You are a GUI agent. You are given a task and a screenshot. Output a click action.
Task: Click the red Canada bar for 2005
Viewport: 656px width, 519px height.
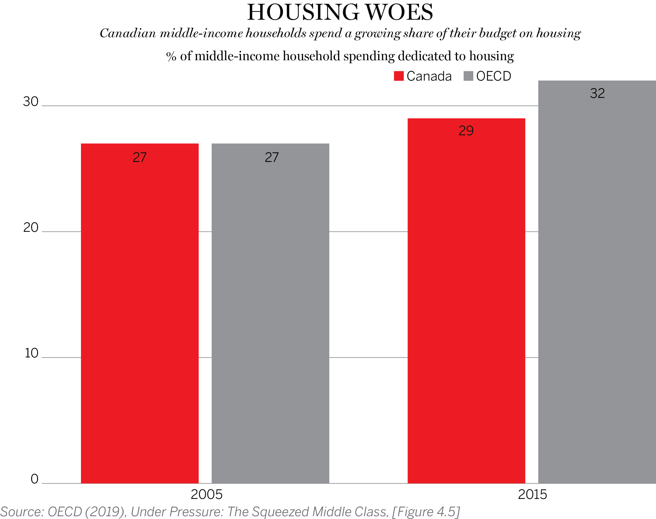[139, 311]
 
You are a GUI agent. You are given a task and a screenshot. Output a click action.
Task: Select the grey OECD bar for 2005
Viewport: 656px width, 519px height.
[270, 311]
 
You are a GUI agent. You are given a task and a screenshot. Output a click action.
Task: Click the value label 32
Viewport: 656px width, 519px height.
[597, 93]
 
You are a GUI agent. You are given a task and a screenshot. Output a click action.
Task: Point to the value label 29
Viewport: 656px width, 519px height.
[466, 131]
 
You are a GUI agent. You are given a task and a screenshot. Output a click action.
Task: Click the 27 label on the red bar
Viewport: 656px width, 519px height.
[139, 157]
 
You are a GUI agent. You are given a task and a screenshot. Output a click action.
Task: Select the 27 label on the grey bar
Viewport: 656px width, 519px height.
[272, 157]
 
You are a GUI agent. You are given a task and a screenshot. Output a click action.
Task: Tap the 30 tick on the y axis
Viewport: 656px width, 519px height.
[30, 101]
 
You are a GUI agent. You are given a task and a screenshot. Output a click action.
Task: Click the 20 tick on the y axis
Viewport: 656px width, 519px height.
[30, 227]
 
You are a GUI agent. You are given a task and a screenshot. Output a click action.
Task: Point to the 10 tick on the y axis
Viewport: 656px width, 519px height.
[31, 353]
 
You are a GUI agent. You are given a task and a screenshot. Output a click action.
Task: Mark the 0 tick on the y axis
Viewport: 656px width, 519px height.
[34, 479]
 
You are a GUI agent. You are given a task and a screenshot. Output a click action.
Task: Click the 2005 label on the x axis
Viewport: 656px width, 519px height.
[206, 494]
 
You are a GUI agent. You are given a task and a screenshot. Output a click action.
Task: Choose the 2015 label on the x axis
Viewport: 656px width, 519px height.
[532, 494]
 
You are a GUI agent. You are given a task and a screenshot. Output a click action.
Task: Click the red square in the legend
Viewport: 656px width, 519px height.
[399, 76]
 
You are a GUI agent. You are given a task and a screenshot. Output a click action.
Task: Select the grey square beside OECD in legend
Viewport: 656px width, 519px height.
[468, 76]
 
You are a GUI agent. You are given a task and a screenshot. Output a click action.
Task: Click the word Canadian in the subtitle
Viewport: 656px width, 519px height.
[128, 34]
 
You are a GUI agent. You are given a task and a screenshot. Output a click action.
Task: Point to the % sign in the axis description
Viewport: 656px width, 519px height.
[171, 56]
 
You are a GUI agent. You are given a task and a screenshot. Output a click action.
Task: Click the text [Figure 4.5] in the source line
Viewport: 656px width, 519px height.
[426, 512]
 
